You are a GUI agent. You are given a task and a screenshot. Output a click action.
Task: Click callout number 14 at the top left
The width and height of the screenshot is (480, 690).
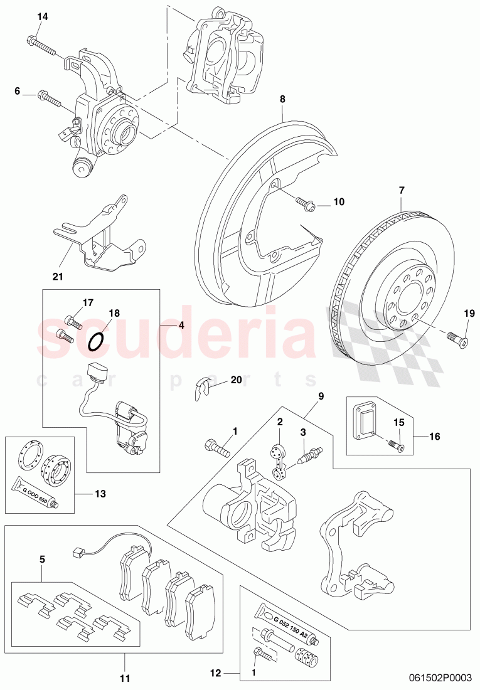pyautogui.click(x=42, y=17)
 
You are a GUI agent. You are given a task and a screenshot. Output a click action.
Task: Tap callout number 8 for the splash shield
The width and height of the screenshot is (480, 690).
pyautogui.click(x=282, y=98)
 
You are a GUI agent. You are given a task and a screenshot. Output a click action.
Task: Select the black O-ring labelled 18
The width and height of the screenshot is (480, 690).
pyautogui.click(x=96, y=341)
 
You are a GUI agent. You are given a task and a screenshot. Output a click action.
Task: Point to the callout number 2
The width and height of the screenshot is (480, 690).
pyautogui.click(x=280, y=422)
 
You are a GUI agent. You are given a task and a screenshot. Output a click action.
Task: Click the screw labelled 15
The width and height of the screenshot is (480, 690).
pyautogui.click(x=397, y=445)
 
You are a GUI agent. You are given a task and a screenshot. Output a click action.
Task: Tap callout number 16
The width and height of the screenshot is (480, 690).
pyautogui.click(x=434, y=434)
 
